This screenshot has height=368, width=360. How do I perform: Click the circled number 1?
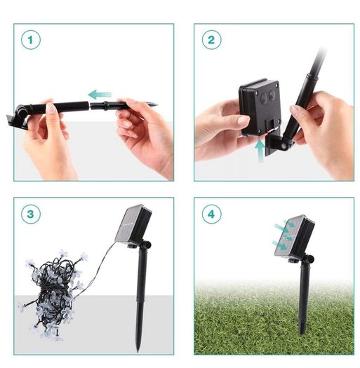coord(31,40)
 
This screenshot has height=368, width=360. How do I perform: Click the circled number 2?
coord(211,40)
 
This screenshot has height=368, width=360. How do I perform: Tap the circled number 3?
coord(31,214)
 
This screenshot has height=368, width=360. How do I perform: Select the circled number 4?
coord(211,214)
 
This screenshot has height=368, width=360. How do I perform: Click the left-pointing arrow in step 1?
coord(100,95)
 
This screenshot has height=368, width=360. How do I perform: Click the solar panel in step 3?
coord(133,224)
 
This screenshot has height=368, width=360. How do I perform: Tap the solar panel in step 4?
coord(294,236)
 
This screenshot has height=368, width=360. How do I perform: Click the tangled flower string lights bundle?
coord(55,294)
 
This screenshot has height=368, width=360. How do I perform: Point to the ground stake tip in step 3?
coord(138,350)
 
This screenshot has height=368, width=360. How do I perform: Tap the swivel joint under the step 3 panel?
coord(146,245)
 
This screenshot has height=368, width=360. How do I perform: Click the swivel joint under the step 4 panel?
coord(308,259)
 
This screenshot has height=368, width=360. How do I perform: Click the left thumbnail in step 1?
coord(50,109)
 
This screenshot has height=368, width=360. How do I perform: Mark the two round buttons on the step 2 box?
coord(267,95)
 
